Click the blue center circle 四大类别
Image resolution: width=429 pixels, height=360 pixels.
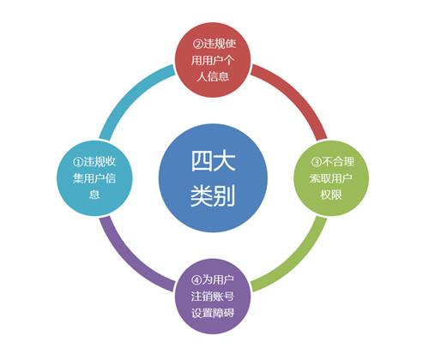[x=213, y=178]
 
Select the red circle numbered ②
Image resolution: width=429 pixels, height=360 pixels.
[x=213, y=60]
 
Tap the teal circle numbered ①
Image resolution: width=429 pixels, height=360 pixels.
[x=94, y=178]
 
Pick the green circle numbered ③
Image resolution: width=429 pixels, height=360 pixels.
[x=331, y=178]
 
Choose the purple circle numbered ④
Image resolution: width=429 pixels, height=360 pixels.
[x=213, y=297]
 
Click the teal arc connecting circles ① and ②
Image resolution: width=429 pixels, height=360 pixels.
[x=130, y=94]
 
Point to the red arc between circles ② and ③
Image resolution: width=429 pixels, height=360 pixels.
[x=297, y=94]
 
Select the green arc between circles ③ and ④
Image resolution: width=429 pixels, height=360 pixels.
[x=297, y=261]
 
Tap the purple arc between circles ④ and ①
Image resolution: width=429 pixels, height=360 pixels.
[x=130, y=261]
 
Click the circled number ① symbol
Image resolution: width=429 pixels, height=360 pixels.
[x=78, y=162]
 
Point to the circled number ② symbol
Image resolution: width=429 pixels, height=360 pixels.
[x=197, y=44]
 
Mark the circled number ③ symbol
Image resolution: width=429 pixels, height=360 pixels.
[x=316, y=162]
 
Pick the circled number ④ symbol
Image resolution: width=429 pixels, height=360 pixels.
[x=196, y=280]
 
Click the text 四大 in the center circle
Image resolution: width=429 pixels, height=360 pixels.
[x=213, y=161]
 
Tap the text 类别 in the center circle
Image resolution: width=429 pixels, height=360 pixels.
[x=213, y=195]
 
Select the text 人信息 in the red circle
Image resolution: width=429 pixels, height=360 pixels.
[x=213, y=76]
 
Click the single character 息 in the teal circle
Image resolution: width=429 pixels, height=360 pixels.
[x=94, y=195]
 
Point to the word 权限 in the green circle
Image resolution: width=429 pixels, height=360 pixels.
[x=331, y=195]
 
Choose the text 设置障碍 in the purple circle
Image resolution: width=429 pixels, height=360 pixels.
[x=213, y=313]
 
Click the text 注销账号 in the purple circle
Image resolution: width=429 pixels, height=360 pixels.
[x=213, y=297]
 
